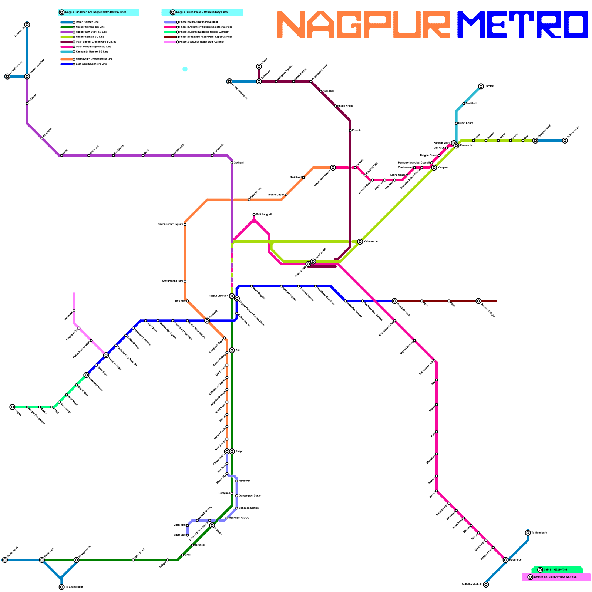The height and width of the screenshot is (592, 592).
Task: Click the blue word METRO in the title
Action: [522, 25]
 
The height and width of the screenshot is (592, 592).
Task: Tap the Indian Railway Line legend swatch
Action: [67, 22]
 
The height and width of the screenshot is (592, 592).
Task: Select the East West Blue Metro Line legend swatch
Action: [67, 64]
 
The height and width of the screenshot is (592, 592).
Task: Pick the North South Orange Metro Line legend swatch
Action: [67, 59]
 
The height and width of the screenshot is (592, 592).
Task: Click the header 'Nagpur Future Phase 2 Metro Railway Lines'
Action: [202, 12]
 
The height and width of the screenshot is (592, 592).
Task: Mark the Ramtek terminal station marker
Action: [481, 86]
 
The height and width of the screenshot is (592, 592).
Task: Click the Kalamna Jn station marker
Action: [360, 242]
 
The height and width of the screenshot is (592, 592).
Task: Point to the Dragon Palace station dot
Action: [439, 155]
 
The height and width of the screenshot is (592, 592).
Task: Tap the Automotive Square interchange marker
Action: [333, 168]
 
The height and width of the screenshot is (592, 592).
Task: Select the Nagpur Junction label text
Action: [218, 296]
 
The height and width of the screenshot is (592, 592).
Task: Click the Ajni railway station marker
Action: [232, 350]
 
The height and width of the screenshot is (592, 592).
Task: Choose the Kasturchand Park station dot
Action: [185, 281]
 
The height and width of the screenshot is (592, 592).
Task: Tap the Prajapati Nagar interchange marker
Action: [395, 301]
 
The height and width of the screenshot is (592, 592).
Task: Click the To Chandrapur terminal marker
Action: [62, 587]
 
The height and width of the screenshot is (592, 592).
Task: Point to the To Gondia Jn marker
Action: [528, 533]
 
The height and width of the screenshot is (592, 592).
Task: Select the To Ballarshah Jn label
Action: [472, 585]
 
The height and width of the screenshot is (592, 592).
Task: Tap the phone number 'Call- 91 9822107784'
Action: [555, 570]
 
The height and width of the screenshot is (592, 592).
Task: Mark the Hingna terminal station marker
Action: [12, 407]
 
